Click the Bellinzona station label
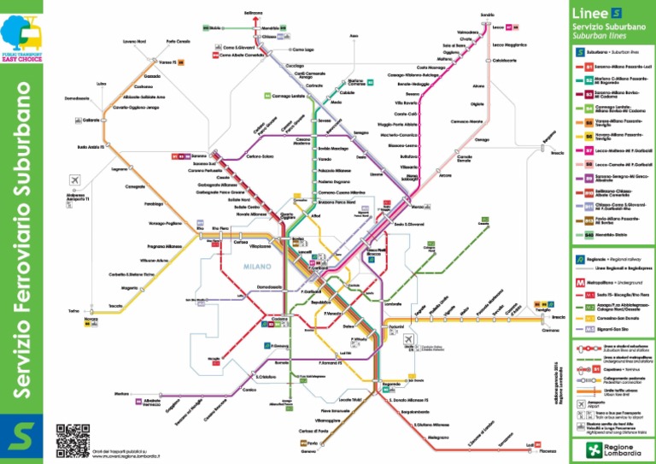coord(253,13)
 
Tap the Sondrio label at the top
coord(488,15)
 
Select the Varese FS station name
coord(166,62)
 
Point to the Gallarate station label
coord(92,120)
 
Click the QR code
coord(73,439)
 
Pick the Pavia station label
coord(313,443)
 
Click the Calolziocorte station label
coord(505,61)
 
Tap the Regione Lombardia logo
coord(612,449)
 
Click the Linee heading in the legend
coord(590,14)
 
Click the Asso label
coord(354,36)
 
